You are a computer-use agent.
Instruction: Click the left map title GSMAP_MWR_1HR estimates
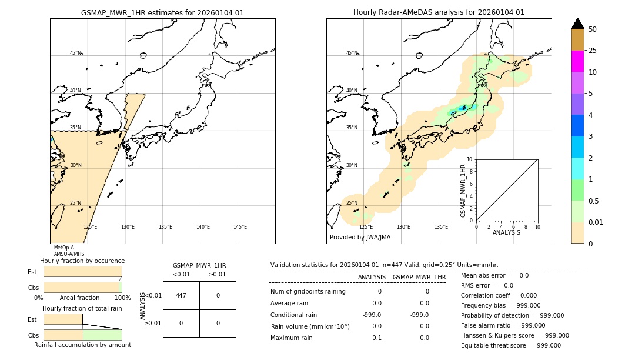(x=162, y=12)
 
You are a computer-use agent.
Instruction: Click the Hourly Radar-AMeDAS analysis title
(x=439, y=12)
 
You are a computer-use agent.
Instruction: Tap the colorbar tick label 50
(x=593, y=29)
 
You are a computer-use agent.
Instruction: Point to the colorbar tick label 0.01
(x=596, y=222)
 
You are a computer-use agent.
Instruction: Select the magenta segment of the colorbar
(x=577, y=61)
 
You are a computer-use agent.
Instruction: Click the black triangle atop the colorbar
(x=577, y=24)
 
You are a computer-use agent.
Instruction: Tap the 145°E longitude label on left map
(x=240, y=227)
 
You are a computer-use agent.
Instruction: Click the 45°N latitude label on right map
(x=352, y=53)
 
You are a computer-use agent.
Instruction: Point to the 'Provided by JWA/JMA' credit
(x=360, y=238)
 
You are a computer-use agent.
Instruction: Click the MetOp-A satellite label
(x=63, y=248)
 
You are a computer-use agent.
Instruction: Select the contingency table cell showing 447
(x=181, y=295)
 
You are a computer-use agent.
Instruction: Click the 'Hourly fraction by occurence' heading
(x=82, y=261)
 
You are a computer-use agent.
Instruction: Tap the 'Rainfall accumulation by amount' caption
(x=82, y=345)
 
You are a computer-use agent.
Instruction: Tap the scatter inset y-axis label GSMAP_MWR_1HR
(x=463, y=191)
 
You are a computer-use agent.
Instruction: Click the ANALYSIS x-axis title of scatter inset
(x=507, y=232)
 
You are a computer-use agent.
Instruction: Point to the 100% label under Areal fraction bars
(x=122, y=298)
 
